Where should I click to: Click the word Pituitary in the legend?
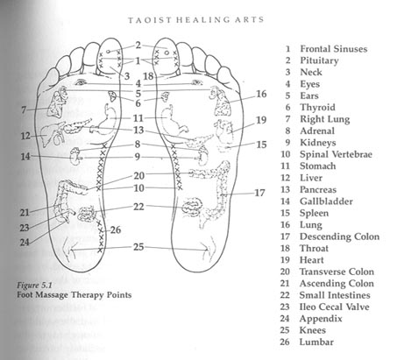(319, 60)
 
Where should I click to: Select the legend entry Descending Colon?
(339, 236)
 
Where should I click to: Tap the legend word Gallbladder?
(326, 201)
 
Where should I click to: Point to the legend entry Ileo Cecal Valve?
(334, 307)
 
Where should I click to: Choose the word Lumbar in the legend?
(316, 342)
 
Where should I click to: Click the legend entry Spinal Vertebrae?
(336, 154)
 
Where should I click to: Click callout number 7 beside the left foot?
(24, 110)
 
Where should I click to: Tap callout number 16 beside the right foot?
(261, 94)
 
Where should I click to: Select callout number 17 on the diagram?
(259, 193)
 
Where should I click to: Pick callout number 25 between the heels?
(138, 247)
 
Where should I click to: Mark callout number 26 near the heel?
(116, 230)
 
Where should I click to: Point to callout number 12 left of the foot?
(25, 136)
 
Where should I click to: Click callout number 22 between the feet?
(138, 207)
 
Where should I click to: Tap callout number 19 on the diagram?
(261, 120)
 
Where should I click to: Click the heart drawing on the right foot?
(223, 131)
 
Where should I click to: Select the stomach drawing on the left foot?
(106, 119)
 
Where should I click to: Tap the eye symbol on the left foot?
(81, 83)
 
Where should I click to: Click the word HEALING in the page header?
(200, 20)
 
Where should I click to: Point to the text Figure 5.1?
(34, 286)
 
